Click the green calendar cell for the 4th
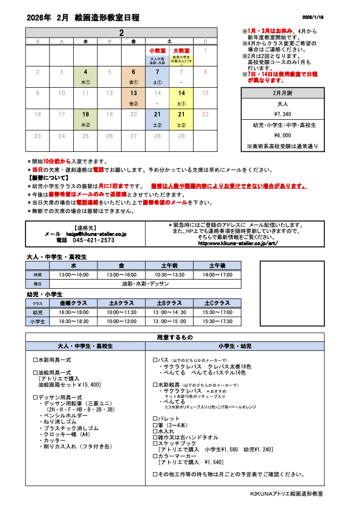pyautogui.click(x=85, y=76)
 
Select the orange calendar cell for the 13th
pyautogui.click(x=133, y=97)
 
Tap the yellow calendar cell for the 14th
pyautogui.click(x=181, y=97)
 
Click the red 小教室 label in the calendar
pyautogui.click(x=157, y=50)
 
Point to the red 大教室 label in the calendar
pyautogui.click(x=181, y=50)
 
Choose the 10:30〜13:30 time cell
pyautogui.click(x=169, y=275)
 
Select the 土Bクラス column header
pyautogui.click(x=169, y=303)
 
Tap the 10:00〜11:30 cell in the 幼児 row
pyautogui.click(x=121, y=312)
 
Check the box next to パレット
pyautogui.click(x=155, y=419)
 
